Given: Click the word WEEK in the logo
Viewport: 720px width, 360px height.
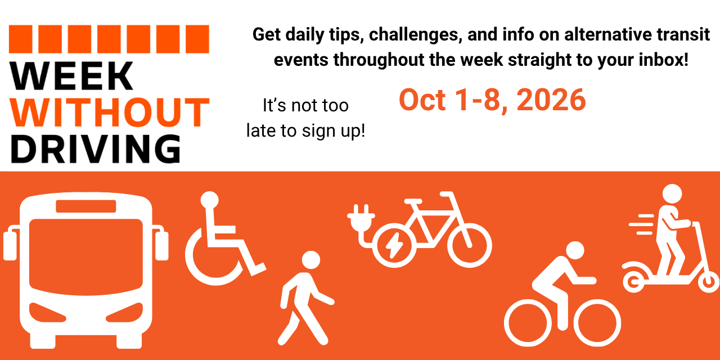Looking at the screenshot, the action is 71,76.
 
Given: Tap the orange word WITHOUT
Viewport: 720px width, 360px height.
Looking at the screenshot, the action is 110,112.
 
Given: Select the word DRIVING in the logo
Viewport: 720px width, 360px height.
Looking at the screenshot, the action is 96,149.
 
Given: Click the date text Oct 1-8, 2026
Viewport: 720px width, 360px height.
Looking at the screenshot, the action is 492,100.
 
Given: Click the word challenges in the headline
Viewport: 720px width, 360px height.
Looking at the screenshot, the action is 415,35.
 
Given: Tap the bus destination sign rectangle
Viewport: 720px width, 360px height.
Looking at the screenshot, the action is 86,206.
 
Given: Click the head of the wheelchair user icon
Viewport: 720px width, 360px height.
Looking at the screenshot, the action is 210,200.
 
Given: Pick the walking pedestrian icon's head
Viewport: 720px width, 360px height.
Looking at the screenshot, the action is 311,260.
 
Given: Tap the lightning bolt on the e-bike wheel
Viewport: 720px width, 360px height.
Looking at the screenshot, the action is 394,245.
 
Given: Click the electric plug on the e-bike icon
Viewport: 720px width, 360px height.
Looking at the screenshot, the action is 361,219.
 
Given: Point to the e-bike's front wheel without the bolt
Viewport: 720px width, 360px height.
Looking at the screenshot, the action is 469,246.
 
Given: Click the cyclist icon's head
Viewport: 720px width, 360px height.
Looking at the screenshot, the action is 575,251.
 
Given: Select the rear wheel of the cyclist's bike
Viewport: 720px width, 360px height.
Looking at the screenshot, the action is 528,323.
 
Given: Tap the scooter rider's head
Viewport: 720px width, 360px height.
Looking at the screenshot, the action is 672,194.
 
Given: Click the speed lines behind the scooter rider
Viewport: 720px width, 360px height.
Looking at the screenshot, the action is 641,224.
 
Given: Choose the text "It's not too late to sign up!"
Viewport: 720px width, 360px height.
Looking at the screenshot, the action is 305,118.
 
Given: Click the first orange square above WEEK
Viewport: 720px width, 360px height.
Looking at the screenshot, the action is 21,39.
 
